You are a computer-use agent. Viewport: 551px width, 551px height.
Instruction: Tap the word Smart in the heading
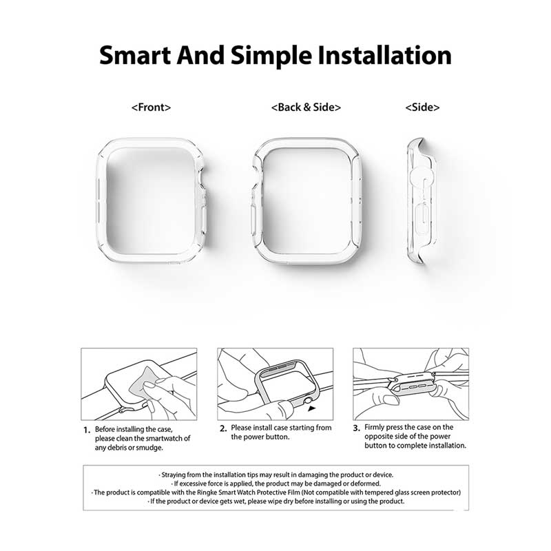tap(134, 56)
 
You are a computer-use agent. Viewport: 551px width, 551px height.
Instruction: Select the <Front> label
tap(151, 107)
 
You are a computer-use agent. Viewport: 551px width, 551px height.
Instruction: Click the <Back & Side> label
tap(306, 107)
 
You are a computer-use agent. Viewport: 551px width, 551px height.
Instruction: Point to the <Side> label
tap(422, 107)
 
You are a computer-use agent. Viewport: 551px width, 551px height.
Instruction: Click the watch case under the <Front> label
tap(102, 200)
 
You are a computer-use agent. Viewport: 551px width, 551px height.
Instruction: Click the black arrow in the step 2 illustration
tap(312, 408)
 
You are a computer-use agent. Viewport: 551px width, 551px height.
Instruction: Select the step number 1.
tap(87, 430)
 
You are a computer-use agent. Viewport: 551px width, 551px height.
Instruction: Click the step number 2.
tap(223, 428)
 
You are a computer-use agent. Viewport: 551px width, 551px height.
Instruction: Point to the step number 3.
tap(357, 428)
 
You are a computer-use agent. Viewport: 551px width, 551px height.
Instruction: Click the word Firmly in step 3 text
tap(375, 427)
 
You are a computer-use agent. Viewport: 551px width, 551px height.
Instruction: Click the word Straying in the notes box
tap(174, 475)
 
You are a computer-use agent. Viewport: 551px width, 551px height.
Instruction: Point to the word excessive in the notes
tap(192, 484)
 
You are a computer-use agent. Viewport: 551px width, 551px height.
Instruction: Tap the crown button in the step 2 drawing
tap(308, 400)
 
